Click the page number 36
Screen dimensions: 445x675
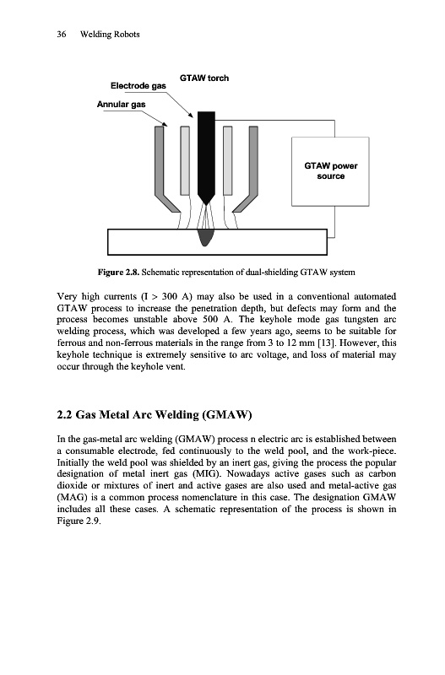point(61,35)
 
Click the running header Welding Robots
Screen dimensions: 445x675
point(110,35)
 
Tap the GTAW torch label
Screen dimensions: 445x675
point(204,78)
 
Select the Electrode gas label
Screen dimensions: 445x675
point(138,86)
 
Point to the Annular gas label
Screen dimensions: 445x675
point(121,104)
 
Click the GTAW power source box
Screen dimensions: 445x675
point(330,171)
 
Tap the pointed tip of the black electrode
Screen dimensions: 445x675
point(206,204)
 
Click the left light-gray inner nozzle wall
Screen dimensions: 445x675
point(185,160)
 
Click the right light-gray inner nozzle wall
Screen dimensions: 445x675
point(227,160)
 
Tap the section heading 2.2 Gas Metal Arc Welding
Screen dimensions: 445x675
point(155,414)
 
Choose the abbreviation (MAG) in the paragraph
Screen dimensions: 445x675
point(73,498)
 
